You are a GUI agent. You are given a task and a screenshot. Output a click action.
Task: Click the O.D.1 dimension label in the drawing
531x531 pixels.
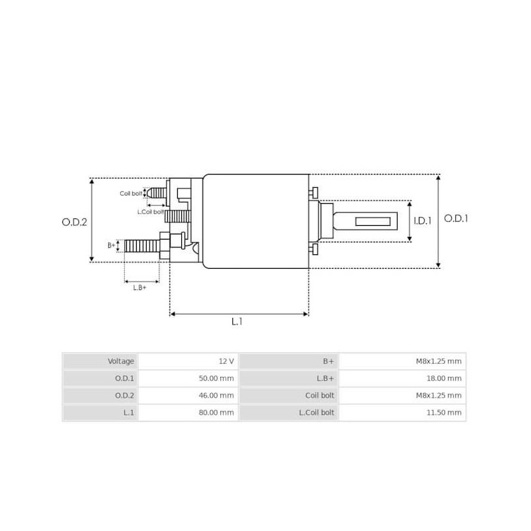pyautogui.click(x=456, y=218)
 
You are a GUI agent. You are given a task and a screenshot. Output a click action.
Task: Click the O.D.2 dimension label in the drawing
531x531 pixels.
pyautogui.click(x=75, y=223)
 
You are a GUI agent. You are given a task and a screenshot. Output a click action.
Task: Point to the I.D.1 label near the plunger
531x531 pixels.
pyautogui.click(x=422, y=222)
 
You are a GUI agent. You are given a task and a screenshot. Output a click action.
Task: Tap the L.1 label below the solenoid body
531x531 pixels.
pyautogui.click(x=237, y=321)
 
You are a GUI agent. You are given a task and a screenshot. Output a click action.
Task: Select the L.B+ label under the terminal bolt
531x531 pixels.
pyautogui.click(x=140, y=287)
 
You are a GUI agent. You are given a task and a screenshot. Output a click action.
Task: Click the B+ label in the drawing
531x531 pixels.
pyautogui.click(x=112, y=245)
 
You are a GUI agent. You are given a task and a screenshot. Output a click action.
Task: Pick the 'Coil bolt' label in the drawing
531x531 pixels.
pyautogui.click(x=131, y=193)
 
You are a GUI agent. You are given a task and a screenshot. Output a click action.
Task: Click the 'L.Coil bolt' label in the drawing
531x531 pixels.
pyautogui.click(x=150, y=212)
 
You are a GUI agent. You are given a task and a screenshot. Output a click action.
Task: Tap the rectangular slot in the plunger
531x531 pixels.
pyautogui.click(x=374, y=221)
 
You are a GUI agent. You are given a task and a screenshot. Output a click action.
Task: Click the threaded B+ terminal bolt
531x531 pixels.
pyautogui.click(x=141, y=246)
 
